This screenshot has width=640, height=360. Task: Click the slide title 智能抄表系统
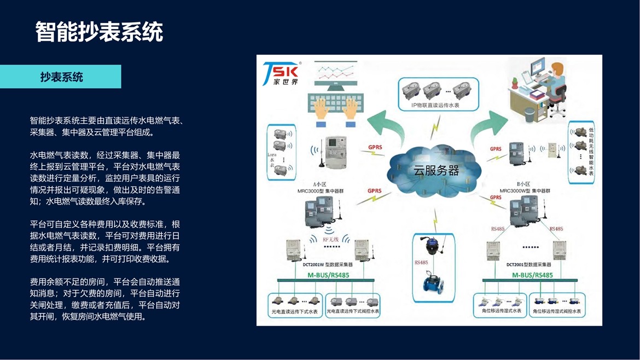99,32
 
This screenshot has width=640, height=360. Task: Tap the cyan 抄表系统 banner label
61,77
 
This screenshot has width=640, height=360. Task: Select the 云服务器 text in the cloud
436,170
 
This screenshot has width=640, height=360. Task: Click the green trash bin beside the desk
529,114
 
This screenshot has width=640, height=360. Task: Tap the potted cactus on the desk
514,83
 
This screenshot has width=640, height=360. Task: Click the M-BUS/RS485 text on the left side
328,275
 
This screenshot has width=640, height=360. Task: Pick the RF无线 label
331,240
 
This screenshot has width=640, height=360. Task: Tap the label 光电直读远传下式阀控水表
353,311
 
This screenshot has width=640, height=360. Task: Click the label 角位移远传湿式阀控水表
557,311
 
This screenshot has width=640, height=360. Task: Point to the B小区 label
523,184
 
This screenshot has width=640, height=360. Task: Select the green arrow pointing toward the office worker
488,125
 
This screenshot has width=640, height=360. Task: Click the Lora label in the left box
272,155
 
